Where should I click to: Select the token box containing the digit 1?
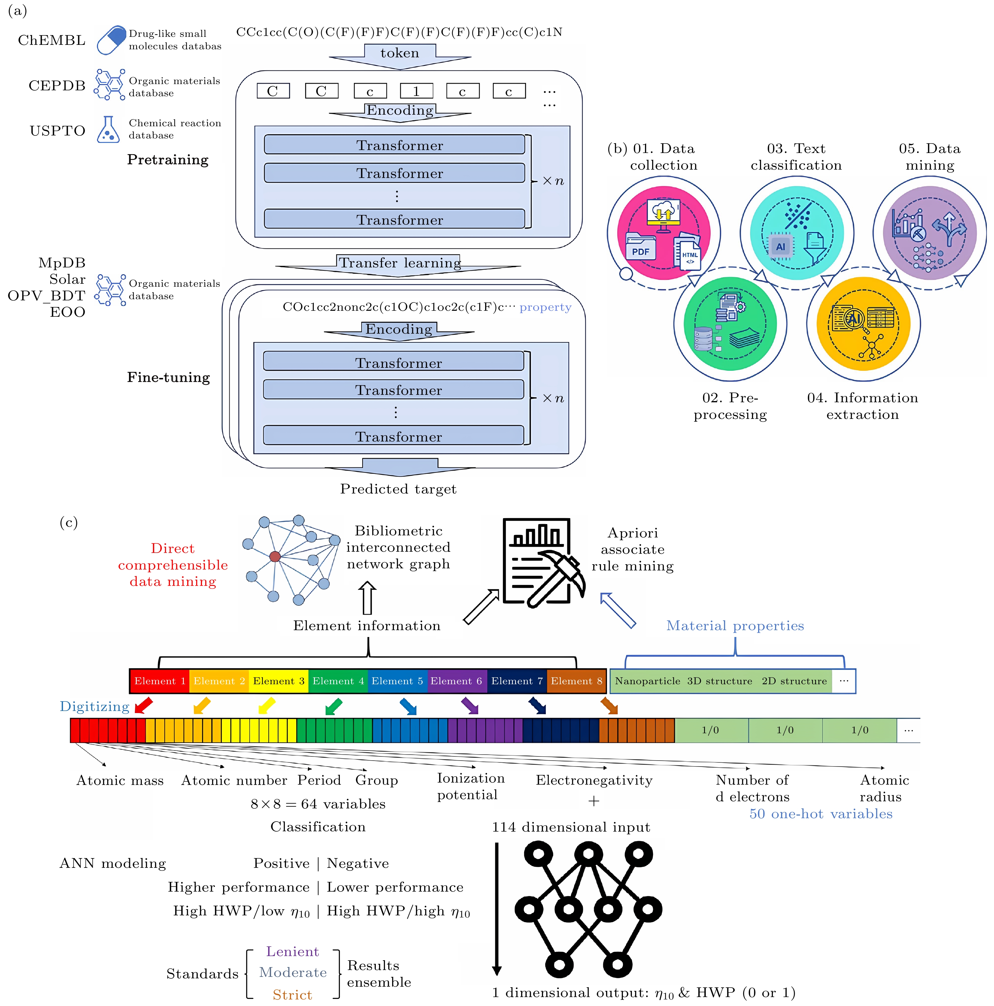click(x=416, y=91)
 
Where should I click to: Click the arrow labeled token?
click(x=399, y=55)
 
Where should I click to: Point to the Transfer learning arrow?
click(x=399, y=264)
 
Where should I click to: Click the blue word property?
click(x=545, y=307)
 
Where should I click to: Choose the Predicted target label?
click(x=398, y=489)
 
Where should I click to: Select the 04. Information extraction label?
click(x=862, y=406)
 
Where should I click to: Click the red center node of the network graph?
click(x=275, y=557)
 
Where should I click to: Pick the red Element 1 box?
click(x=159, y=681)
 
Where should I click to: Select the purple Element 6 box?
click(x=456, y=681)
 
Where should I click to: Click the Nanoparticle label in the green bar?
click(x=647, y=681)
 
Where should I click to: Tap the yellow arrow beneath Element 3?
click(x=266, y=706)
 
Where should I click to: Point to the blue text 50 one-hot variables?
click(x=821, y=814)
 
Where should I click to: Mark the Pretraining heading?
click(x=168, y=160)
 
